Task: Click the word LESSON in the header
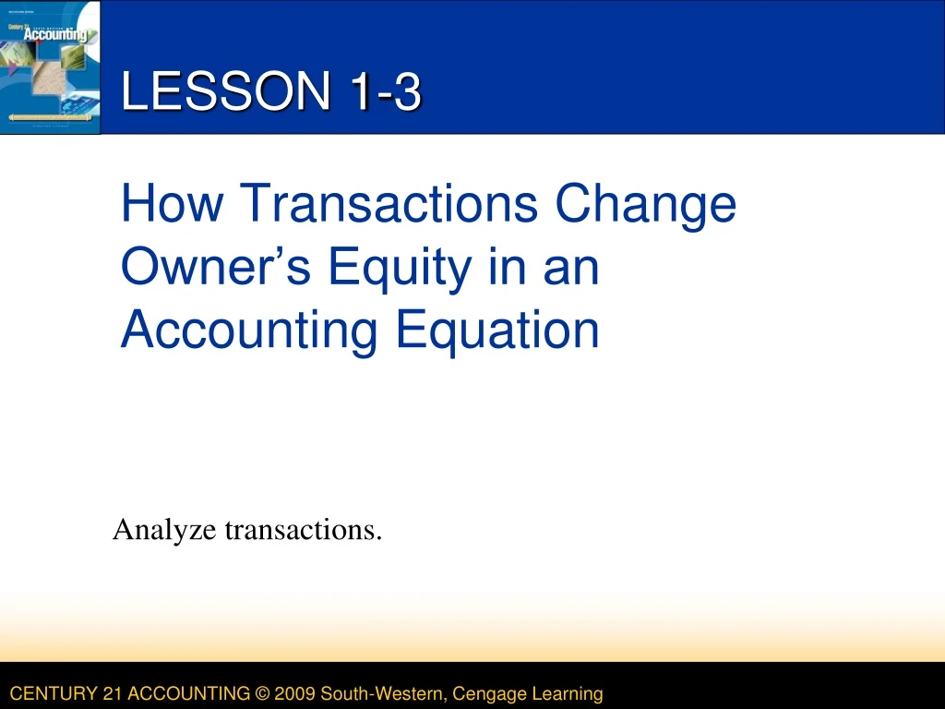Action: pyautogui.click(x=226, y=92)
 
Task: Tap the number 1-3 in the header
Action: pyautogui.click(x=386, y=92)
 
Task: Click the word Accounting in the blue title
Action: pyautogui.click(x=251, y=331)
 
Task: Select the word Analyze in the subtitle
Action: pyautogui.click(x=165, y=531)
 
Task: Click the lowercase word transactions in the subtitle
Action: pyautogui.click(x=304, y=530)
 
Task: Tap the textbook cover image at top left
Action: pyautogui.click(x=50, y=66)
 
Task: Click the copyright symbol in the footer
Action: pyautogui.click(x=260, y=693)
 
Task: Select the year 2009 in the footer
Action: pyautogui.click(x=294, y=693)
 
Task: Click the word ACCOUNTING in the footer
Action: pyautogui.click(x=190, y=693)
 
